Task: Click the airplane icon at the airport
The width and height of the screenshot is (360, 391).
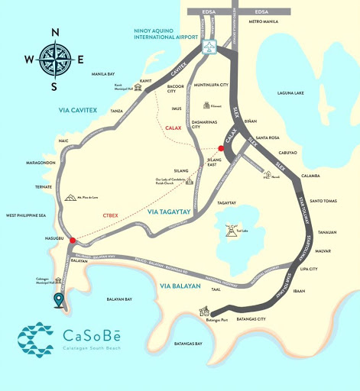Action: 210,47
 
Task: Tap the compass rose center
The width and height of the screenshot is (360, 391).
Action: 54,58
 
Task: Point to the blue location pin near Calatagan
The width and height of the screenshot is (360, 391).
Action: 58,299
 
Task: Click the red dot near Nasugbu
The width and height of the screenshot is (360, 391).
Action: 73,241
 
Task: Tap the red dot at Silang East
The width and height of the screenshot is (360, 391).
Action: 221,148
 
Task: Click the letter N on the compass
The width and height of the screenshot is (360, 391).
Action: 54,32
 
